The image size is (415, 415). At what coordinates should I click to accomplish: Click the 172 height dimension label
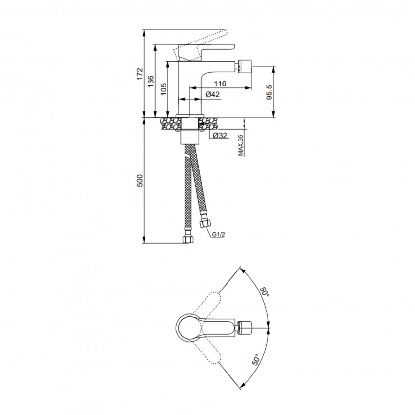point(140,74)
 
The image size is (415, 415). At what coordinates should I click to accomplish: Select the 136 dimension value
point(150,82)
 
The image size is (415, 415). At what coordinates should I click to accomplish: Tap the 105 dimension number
point(163,89)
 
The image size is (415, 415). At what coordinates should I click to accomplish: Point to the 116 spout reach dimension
point(220,83)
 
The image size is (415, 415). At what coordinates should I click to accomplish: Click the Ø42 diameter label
point(212,94)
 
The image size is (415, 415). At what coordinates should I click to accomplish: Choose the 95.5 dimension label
point(269,92)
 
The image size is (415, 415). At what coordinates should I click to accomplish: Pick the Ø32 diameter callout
point(220,136)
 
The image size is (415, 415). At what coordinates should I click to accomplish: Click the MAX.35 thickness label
point(240,145)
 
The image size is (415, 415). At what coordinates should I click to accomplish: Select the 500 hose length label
point(140,180)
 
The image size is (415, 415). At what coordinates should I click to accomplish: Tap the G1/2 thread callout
point(218,234)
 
